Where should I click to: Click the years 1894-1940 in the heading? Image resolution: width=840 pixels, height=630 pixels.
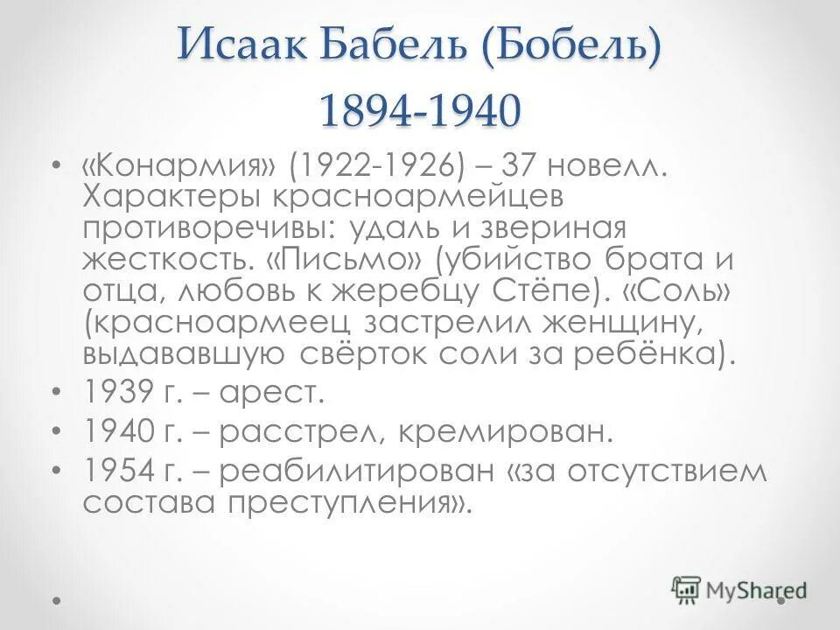coord(419,110)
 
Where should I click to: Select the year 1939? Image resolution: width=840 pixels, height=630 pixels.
coord(122,394)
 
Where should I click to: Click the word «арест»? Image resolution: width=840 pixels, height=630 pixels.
coord(272,394)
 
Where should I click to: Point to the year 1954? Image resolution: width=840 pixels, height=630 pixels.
coord(122,471)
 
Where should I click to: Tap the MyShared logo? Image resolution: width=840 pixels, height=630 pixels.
coord(738,590)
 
